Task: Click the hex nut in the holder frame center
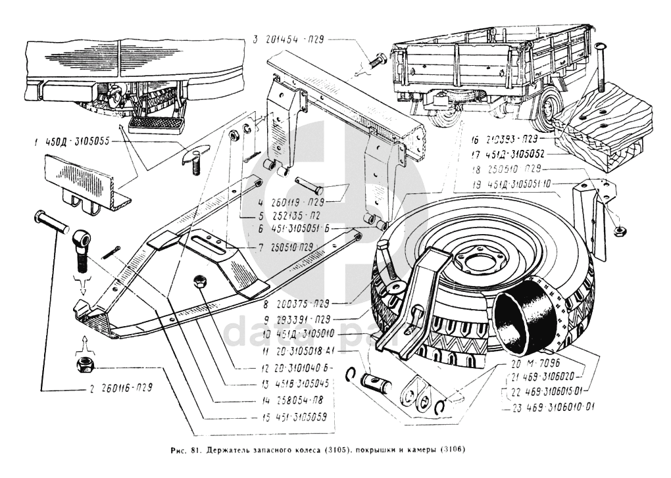click(199, 282)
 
